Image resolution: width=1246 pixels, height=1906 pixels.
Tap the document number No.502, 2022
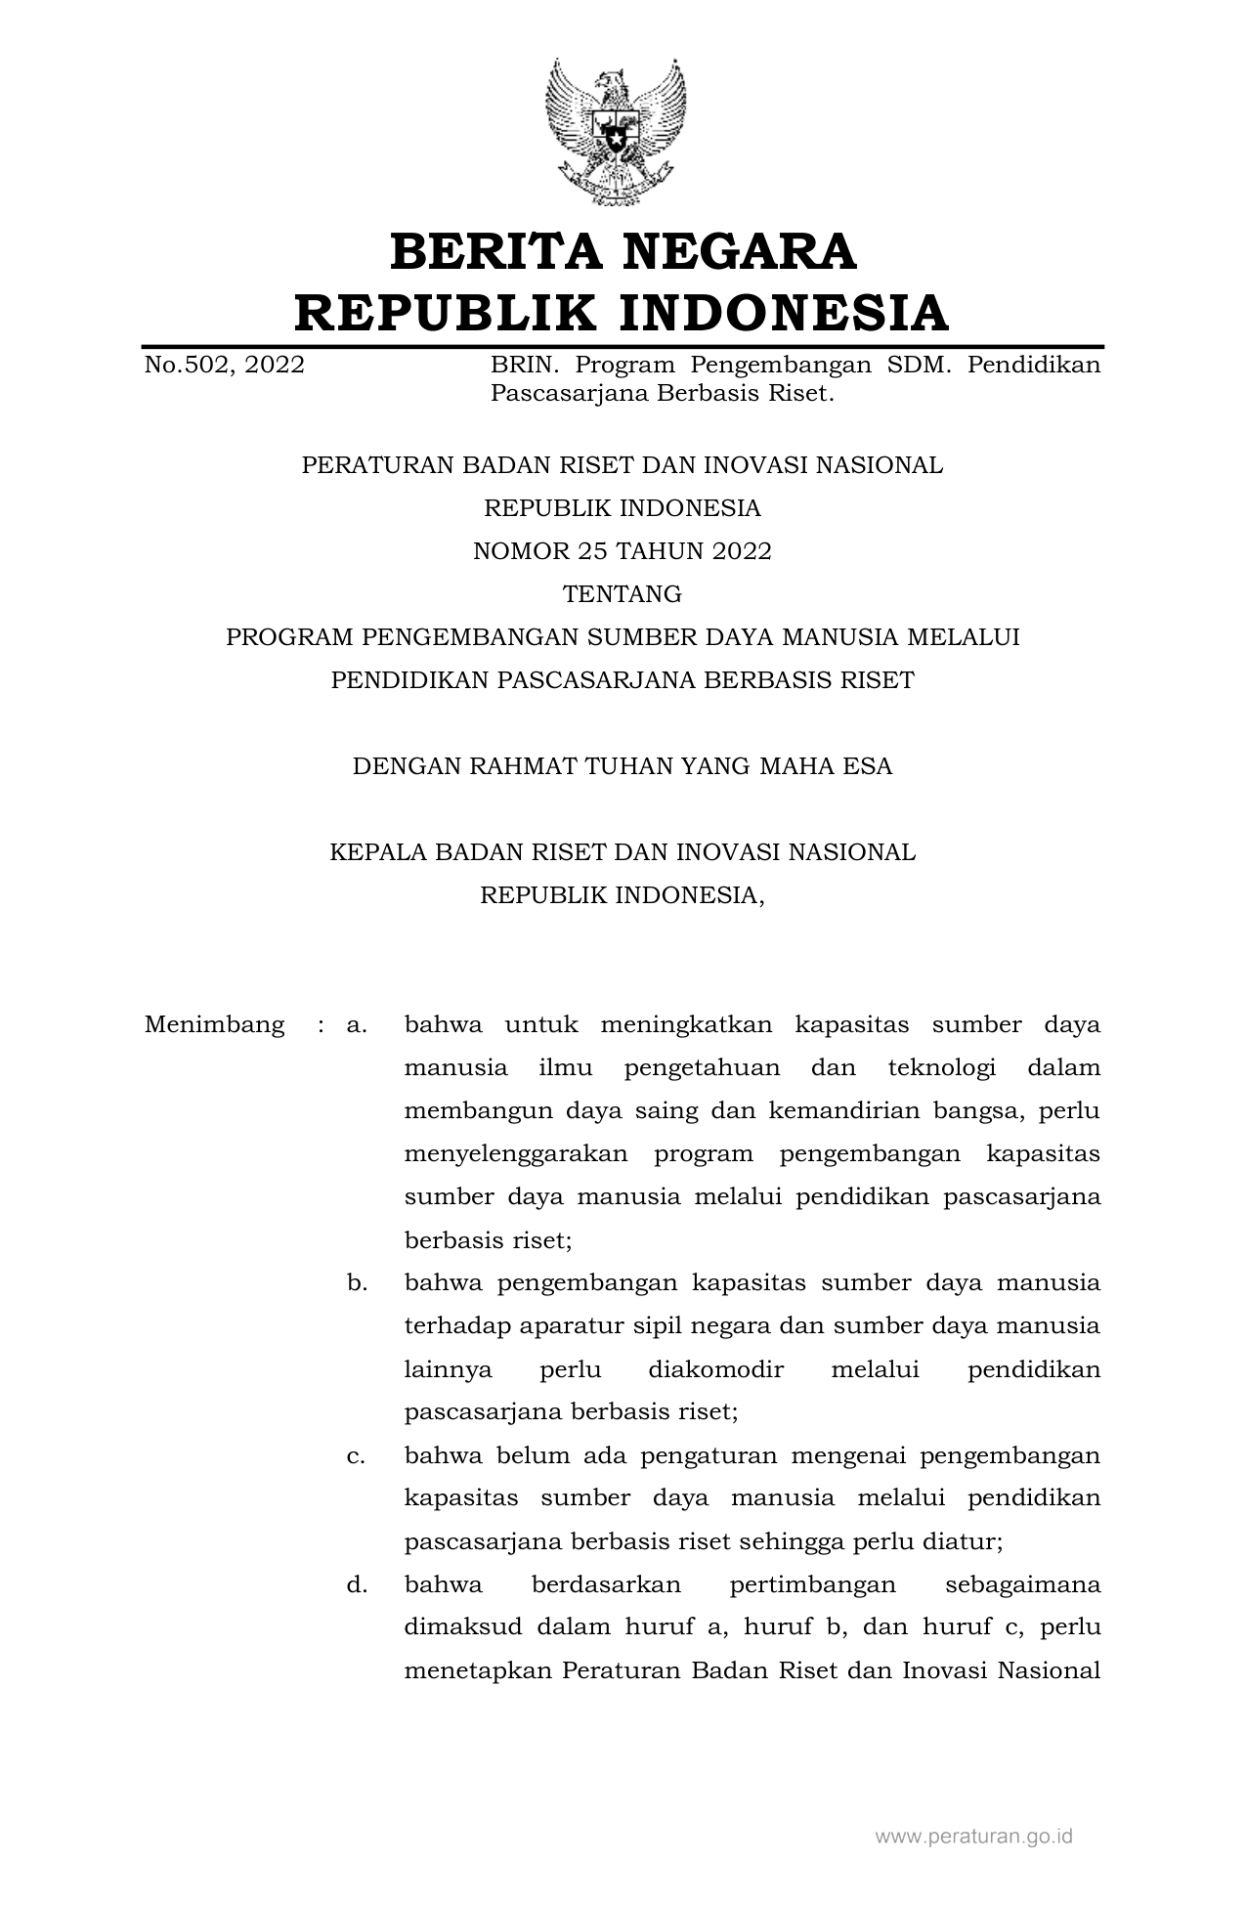click(224, 366)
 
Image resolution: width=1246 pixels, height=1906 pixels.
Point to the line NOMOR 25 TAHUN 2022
click(623, 551)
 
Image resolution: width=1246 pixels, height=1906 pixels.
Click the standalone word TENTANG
click(623, 594)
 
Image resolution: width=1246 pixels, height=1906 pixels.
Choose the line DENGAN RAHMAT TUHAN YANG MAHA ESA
click(623, 766)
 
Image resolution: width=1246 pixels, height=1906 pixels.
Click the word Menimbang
click(214, 1025)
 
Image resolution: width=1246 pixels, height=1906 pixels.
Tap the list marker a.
click(357, 1025)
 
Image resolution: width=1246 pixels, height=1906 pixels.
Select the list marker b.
click(357, 1283)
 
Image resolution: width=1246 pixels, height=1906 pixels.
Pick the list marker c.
click(357, 1455)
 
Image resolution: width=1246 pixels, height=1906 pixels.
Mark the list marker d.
click(357, 1584)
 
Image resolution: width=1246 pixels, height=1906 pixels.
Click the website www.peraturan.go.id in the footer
click(973, 1837)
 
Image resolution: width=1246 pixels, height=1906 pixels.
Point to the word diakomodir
click(715, 1369)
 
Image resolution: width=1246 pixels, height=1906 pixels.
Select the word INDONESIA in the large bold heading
click(784, 313)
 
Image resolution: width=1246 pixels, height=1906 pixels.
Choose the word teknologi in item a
click(941, 1068)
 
